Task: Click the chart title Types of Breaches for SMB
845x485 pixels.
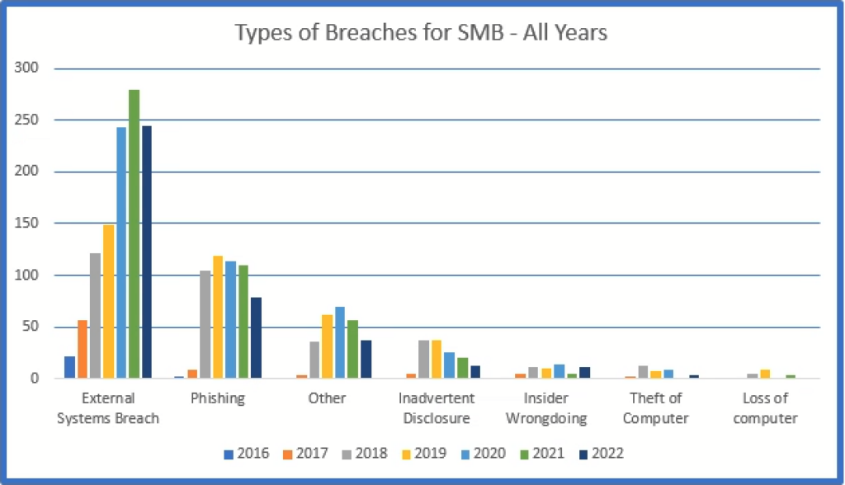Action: [421, 34]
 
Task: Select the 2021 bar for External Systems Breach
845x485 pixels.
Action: [134, 234]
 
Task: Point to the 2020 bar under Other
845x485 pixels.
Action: [339, 343]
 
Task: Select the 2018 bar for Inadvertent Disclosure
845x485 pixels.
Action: [423, 360]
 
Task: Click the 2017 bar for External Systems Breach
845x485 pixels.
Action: [83, 349]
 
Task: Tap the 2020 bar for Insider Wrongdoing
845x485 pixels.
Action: [559, 371]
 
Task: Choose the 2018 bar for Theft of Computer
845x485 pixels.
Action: [643, 372]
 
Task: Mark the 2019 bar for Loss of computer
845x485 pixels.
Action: [765, 374]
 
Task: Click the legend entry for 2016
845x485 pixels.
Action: [247, 454]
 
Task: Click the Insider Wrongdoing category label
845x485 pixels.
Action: [546, 408]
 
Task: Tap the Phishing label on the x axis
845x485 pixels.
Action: [218, 398]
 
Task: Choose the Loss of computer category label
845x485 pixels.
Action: [765, 408]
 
